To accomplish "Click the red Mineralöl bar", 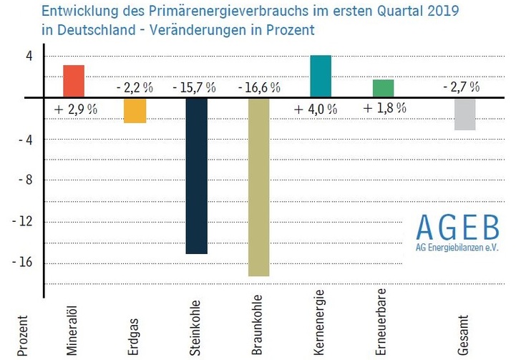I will [x=74, y=81].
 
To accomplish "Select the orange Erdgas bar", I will [x=135, y=110].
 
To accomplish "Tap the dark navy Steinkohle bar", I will [x=196, y=175].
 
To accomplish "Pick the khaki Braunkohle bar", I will [x=258, y=186].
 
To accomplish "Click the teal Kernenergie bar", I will [x=320, y=76].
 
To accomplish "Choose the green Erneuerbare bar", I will [x=383, y=88].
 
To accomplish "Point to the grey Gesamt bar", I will [x=464, y=113].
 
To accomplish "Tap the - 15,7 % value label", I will [x=194, y=87].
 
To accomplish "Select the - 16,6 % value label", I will [x=258, y=87].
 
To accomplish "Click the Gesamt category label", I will [x=464, y=334].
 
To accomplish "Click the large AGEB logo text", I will [x=458, y=228].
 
